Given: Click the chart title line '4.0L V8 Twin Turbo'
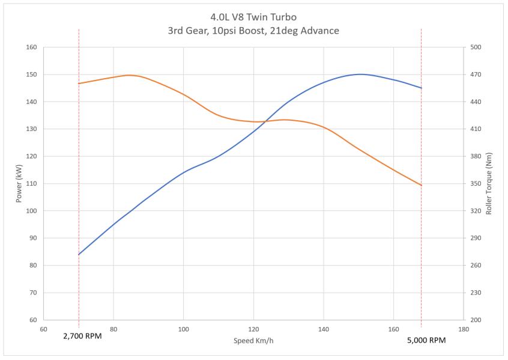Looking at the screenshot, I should [253, 16].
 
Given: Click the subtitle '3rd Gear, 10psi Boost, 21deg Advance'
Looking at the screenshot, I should [253, 30].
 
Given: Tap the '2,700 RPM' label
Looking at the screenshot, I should [82, 336].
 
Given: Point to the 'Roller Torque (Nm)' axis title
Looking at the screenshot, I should [489, 183].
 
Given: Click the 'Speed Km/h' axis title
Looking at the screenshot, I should [253, 341].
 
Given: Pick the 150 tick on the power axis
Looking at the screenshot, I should [31, 75].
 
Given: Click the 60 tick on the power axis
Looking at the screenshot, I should [33, 320].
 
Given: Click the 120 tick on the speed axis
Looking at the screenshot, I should [253, 329].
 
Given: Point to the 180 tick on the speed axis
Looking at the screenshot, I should [463, 329].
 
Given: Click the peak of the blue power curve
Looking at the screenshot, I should [360, 75].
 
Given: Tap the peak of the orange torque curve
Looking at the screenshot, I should [129, 75].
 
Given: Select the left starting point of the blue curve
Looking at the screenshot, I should [79, 254].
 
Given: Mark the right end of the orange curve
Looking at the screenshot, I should [422, 185].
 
